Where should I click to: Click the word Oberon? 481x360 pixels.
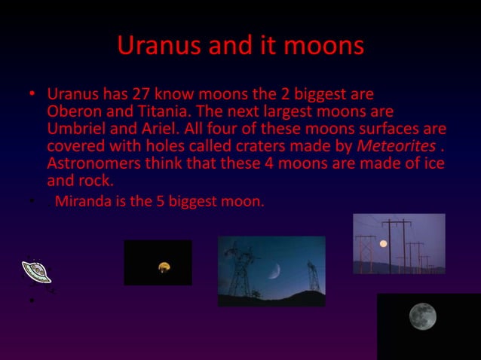coord(72,111)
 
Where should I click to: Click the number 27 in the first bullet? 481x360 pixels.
coord(142,96)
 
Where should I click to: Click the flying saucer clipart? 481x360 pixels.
coord(35,271)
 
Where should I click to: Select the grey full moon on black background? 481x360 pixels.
coord(422,316)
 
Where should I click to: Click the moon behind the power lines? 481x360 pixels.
coord(383,243)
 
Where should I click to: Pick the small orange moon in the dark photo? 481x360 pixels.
coord(163,266)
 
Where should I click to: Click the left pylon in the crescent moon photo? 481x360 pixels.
coord(240,271)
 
